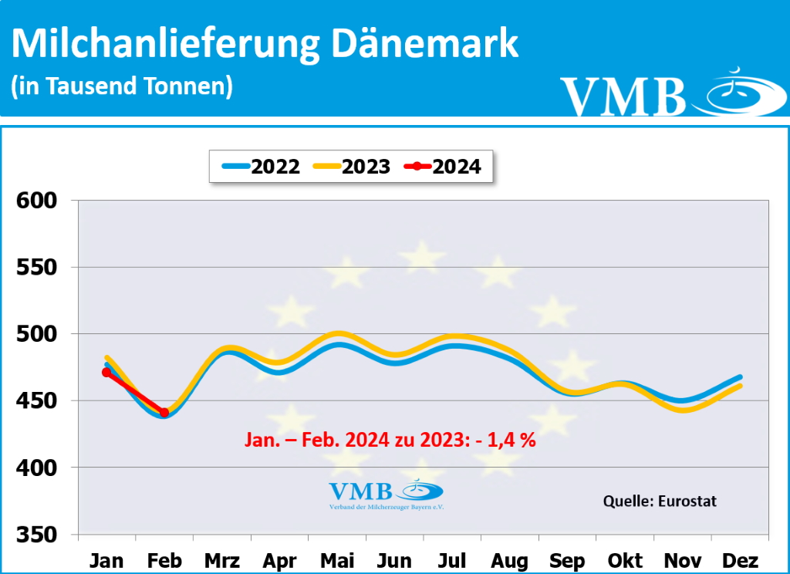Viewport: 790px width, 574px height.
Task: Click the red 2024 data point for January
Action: point(106,373)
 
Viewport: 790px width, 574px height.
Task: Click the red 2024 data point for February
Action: point(164,413)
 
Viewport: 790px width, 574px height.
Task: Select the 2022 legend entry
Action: point(260,166)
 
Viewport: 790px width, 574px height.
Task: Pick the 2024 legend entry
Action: point(444,166)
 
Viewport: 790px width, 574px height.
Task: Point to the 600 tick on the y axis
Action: point(38,201)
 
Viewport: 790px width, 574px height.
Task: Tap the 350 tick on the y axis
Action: point(38,535)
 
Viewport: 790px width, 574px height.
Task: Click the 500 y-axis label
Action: point(38,335)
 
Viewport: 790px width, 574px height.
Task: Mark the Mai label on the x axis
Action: point(337,559)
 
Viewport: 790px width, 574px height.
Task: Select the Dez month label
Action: point(740,559)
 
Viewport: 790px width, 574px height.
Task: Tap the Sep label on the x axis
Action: point(567,559)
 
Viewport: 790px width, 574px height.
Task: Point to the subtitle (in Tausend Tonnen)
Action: point(122,86)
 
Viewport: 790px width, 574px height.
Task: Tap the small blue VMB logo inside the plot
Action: point(386,493)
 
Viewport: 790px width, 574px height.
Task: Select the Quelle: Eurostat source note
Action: point(660,501)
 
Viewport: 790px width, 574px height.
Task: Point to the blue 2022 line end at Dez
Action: point(740,377)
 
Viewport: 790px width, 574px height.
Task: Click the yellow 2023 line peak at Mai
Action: point(337,334)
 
